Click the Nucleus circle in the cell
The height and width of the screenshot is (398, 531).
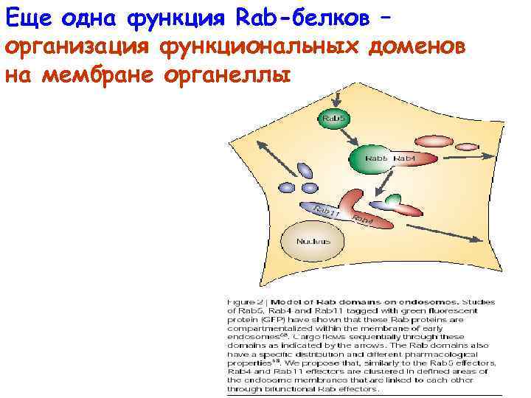click(x=313, y=241)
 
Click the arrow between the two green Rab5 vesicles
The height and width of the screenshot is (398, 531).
click(x=352, y=136)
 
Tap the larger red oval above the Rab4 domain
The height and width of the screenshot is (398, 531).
click(x=436, y=139)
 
